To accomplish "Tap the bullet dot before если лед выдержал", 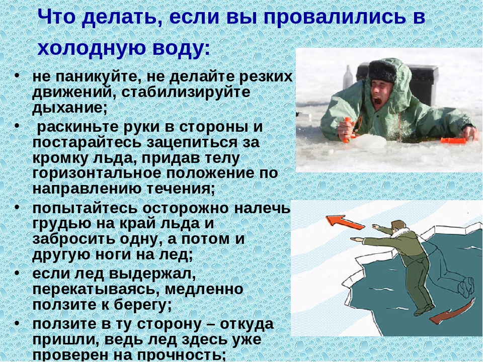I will (17, 274).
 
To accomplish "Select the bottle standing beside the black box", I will (347, 78).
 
